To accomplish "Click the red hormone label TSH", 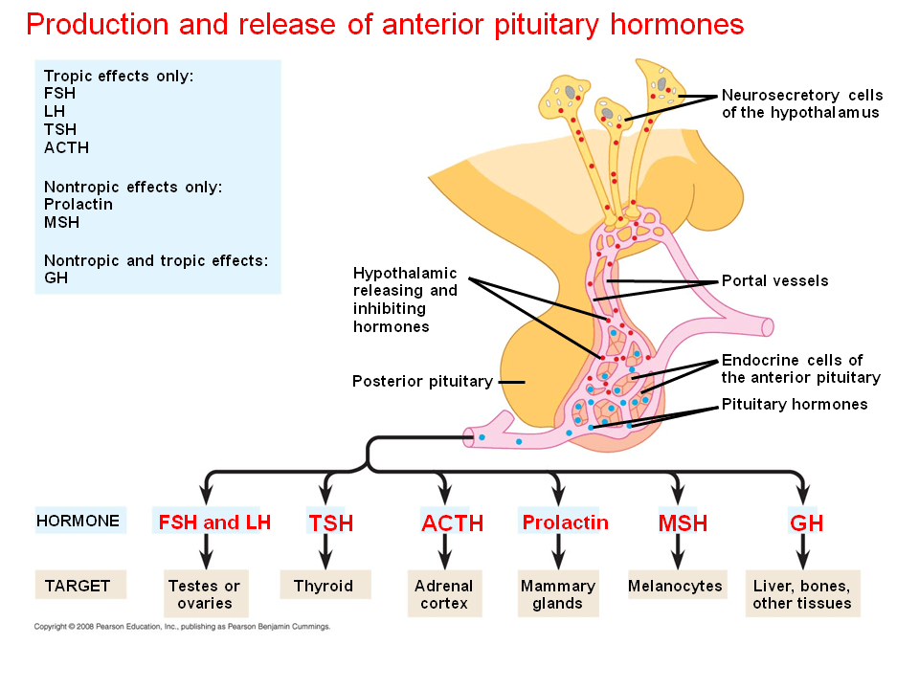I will [330, 523].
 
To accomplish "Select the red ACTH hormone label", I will [452, 523].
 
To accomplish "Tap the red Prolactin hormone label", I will [565, 522].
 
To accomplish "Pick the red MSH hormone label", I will [683, 523].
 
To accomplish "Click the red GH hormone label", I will [806, 523].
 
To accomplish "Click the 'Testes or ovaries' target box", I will [204, 594].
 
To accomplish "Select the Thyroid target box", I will [324, 586].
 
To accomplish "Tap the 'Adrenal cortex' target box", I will [444, 594].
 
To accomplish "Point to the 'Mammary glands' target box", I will [557, 594].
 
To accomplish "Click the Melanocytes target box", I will [675, 586].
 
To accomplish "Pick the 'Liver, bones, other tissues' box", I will [802, 594].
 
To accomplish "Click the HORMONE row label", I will [78, 522].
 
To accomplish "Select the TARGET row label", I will [78, 586].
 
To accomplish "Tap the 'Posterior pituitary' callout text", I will [422, 381].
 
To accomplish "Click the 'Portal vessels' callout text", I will [774, 281].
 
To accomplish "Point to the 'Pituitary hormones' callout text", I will [795, 404].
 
